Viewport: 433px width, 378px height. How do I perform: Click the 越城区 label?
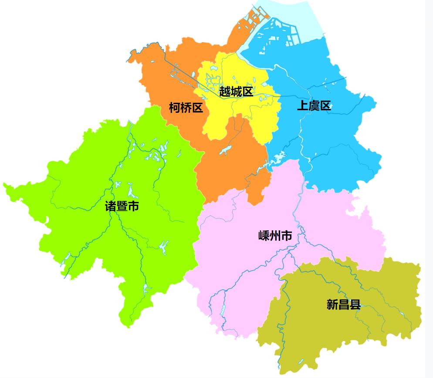(x=236, y=91)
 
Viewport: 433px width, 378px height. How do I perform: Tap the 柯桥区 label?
(x=186, y=108)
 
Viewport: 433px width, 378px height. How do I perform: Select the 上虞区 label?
(x=314, y=105)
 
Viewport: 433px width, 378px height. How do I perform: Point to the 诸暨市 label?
(x=122, y=206)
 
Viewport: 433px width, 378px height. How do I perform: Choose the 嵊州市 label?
(x=275, y=236)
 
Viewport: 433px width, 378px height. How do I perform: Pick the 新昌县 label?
(x=344, y=304)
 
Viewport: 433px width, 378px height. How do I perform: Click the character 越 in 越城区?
(x=224, y=91)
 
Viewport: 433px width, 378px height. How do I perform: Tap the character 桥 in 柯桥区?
(x=186, y=108)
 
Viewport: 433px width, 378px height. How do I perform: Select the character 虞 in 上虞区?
(x=314, y=105)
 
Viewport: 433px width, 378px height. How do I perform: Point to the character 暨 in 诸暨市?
(x=122, y=206)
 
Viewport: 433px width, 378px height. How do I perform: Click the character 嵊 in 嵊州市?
(x=264, y=236)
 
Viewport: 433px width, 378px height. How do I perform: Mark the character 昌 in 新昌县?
(x=344, y=304)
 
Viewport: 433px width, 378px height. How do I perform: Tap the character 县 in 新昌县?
(x=355, y=304)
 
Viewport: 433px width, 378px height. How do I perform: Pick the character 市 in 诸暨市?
(x=133, y=206)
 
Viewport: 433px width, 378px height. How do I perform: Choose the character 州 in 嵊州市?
(x=275, y=236)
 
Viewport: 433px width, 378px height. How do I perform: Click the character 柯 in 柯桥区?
(x=175, y=108)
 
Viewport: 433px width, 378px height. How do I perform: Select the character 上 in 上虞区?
(x=302, y=105)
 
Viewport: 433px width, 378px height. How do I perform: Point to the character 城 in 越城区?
(x=236, y=91)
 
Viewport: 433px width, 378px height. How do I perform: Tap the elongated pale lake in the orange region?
(x=225, y=151)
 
